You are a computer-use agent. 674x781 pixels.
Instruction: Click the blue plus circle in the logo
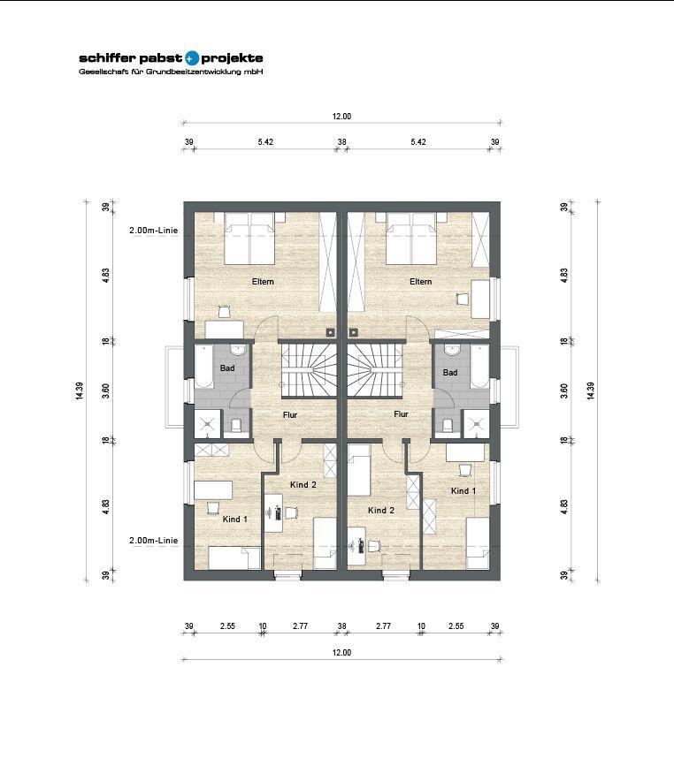pyautogui.click(x=191, y=58)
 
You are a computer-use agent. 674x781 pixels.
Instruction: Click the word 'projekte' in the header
pyautogui.click(x=232, y=59)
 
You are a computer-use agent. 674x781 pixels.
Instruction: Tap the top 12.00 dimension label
pyautogui.click(x=341, y=117)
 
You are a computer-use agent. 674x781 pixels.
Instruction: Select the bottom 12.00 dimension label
pyautogui.click(x=341, y=653)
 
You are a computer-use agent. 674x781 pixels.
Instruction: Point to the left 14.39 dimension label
pyautogui.click(x=80, y=391)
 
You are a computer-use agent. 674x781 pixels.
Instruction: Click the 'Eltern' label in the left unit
pyautogui.click(x=263, y=282)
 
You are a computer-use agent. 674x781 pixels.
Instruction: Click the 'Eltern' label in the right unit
pyautogui.click(x=421, y=282)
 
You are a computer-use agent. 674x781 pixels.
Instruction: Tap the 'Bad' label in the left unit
pyautogui.click(x=227, y=368)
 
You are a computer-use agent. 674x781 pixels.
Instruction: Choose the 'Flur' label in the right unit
pyautogui.click(x=401, y=413)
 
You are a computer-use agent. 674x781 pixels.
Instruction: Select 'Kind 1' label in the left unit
pyautogui.click(x=234, y=519)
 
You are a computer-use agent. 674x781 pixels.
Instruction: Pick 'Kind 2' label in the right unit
pyautogui.click(x=381, y=510)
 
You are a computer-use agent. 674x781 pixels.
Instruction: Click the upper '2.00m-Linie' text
pyautogui.click(x=154, y=231)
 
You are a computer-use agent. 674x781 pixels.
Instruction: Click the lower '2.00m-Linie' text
pyautogui.click(x=154, y=541)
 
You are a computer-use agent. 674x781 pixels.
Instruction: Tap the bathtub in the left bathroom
pyautogui.click(x=203, y=366)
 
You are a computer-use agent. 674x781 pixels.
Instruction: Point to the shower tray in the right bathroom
pyautogui.click(x=477, y=424)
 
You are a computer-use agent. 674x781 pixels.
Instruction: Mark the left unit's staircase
pyautogui.click(x=309, y=369)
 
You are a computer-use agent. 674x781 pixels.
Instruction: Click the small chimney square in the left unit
pyautogui.click(x=331, y=331)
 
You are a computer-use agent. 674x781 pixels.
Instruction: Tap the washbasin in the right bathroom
pyautogui.click(x=453, y=349)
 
